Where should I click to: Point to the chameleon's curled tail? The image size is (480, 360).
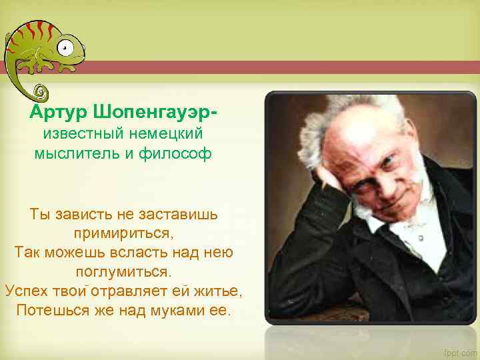40,91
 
